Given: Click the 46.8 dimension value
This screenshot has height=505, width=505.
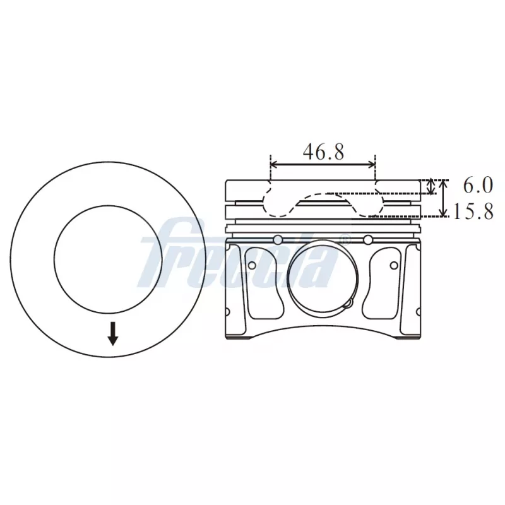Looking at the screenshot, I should pyautogui.click(x=323, y=152).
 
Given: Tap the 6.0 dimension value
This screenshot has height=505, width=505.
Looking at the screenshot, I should pyautogui.click(x=477, y=186).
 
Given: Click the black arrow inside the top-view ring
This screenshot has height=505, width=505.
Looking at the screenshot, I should pyautogui.click(x=113, y=333).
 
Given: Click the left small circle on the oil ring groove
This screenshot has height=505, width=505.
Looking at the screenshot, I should pyautogui.click(x=277, y=239).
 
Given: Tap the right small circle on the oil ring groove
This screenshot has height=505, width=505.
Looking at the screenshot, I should pyautogui.click(x=368, y=239).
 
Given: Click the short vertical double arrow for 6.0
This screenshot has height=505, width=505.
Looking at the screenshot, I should pyautogui.click(x=432, y=186).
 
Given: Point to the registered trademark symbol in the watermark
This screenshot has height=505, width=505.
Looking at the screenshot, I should pyautogui.click(x=344, y=239).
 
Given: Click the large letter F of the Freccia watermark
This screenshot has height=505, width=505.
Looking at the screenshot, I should pyautogui.click(x=165, y=252).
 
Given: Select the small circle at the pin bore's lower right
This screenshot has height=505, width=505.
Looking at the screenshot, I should pyautogui.click(x=347, y=302).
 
